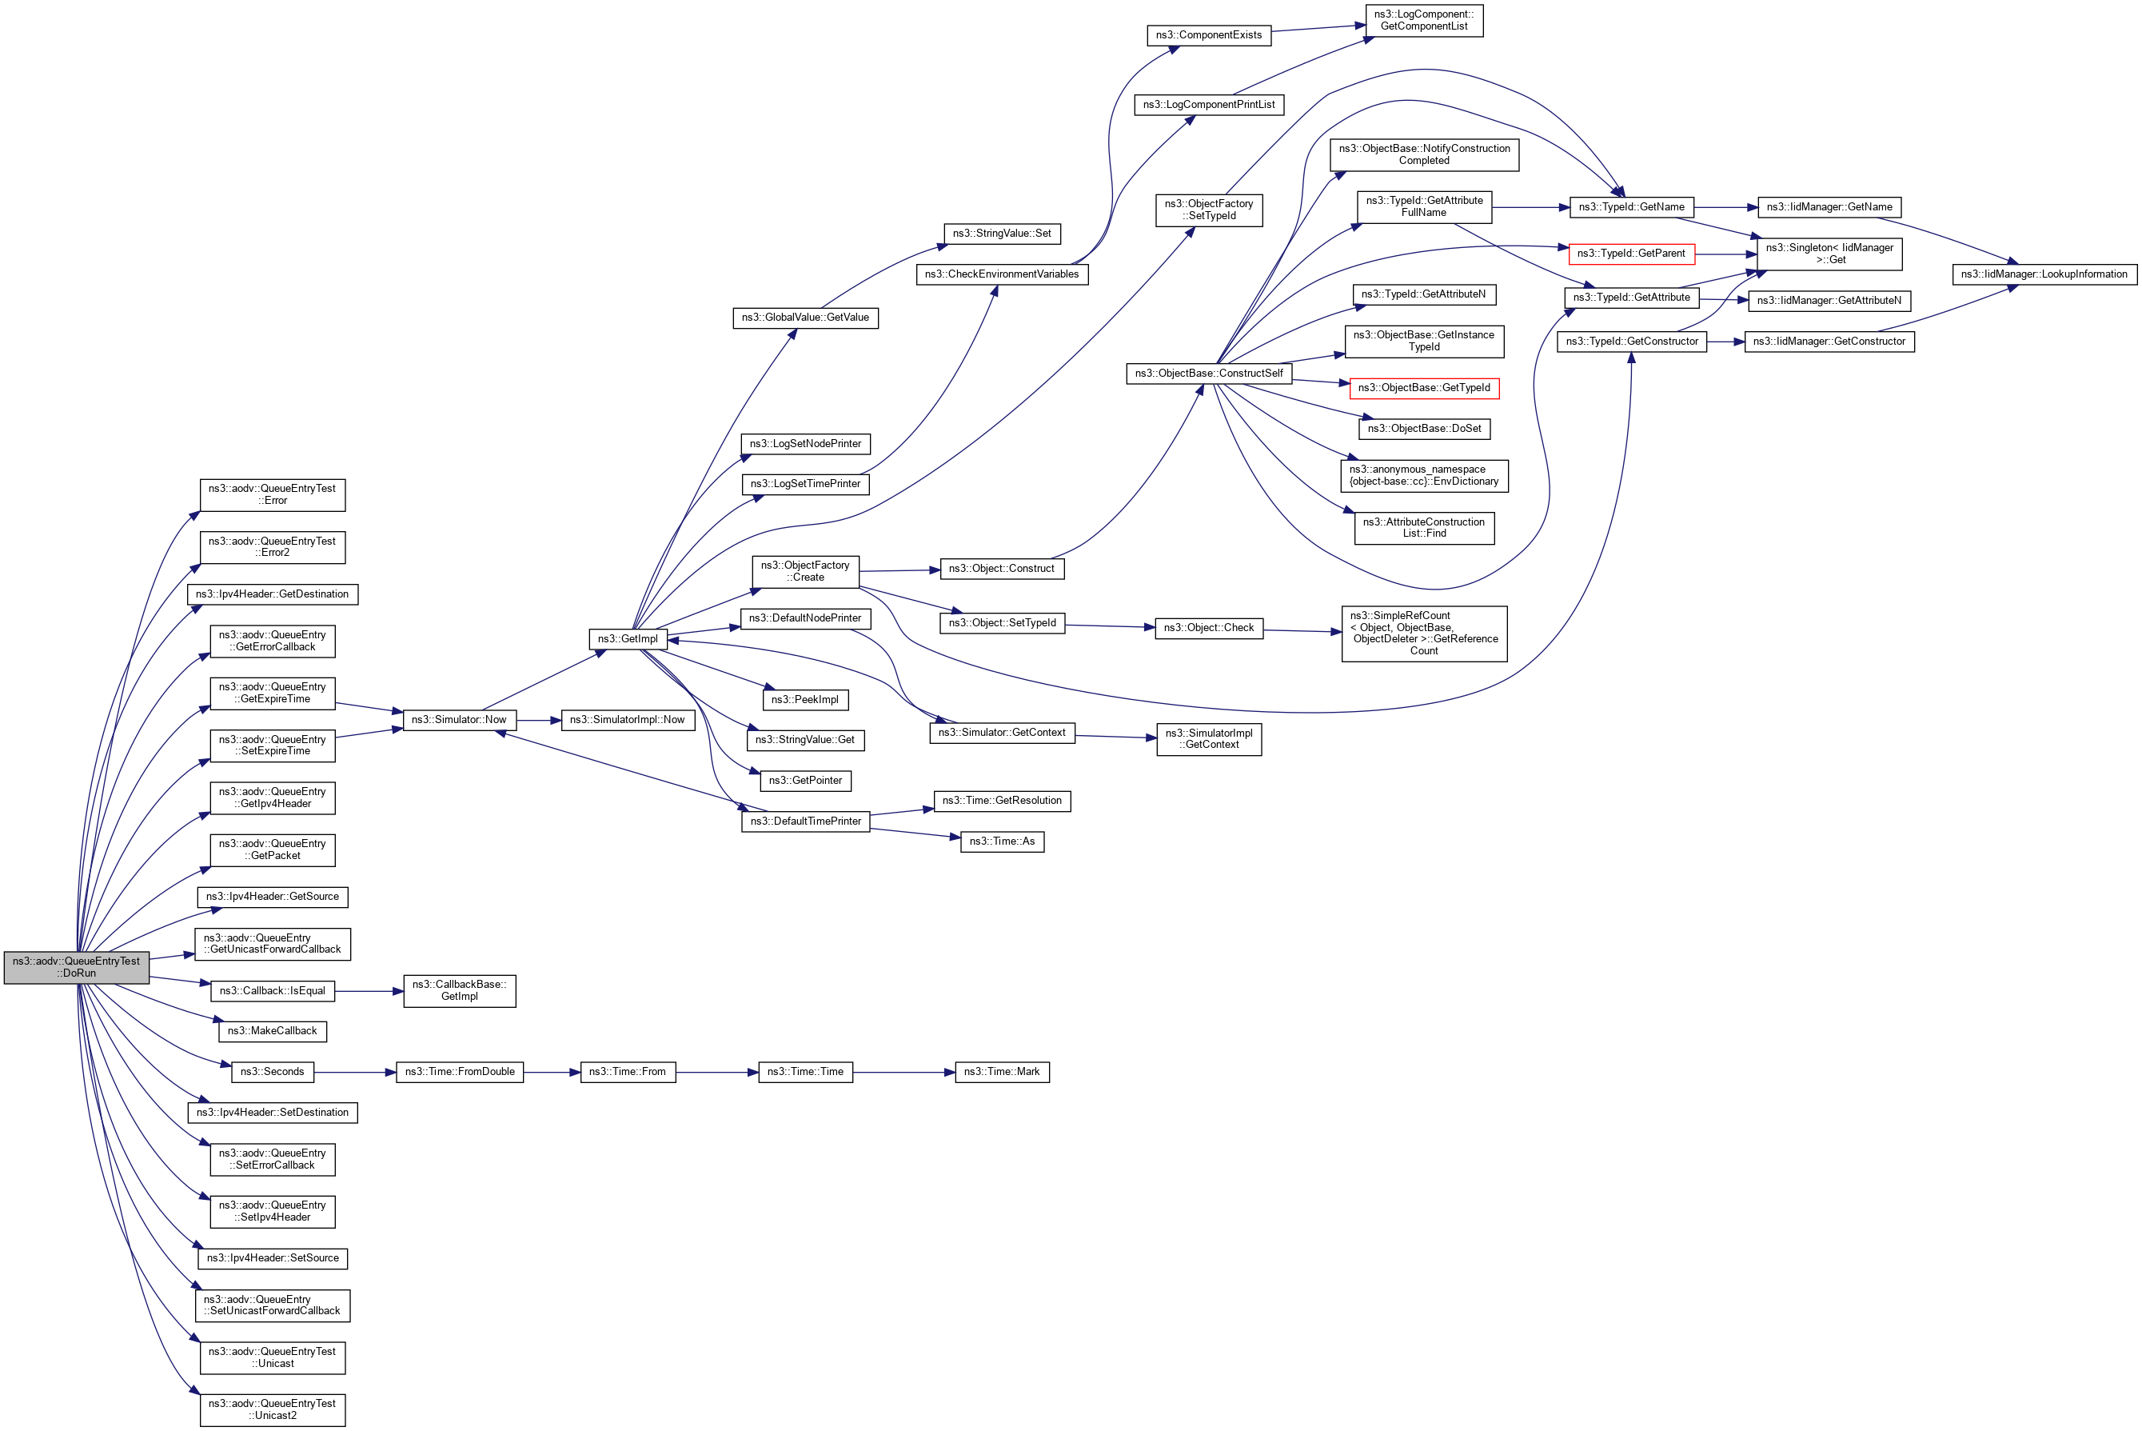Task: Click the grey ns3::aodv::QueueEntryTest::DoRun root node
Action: tap(77, 967)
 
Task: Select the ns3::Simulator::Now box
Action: tap(459, 720)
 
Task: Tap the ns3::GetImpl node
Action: tap(628, 639)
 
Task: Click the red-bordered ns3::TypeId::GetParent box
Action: tap(1631, 254)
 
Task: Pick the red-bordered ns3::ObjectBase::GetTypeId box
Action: tap(1424, 388)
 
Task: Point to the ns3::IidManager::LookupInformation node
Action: tap(2044, 274)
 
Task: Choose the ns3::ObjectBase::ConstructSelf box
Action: tap(1209, 374)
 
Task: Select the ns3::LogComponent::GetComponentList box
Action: tap(1424, 20)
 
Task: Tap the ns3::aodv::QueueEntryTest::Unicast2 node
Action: tap(273, 1410)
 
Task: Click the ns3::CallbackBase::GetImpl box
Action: tap(460, 991)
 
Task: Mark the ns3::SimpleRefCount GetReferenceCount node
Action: tap(1424, 634)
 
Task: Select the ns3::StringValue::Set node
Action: tap(1002, 234)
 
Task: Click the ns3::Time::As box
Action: tap(1002, 841)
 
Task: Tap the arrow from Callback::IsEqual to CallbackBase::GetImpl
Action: tap(369, 991)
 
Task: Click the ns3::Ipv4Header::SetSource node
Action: tap(273, 1258)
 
